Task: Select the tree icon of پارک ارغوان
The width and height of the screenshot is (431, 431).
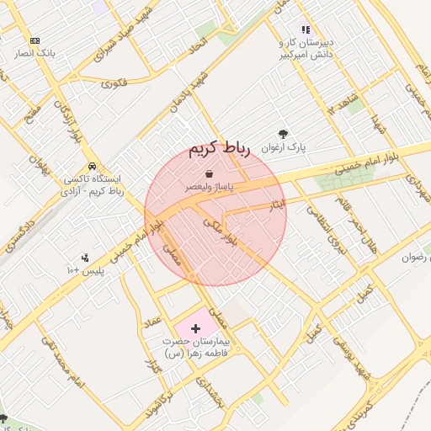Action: click(x=282, y=133)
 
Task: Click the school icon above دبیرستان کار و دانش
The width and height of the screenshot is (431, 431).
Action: click(x=306, y=29)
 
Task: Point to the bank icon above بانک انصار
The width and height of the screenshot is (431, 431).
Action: click(x=35, y=40)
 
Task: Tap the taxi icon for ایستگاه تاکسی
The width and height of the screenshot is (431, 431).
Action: click(x=91, y=165)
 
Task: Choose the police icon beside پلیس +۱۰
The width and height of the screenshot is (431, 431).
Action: click(x=85, y=258)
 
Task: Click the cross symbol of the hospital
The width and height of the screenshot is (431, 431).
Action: click(x=196, y=326)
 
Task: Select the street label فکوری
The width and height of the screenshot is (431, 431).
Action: click(x=114, y=83)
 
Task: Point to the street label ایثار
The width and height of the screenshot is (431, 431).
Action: click(x=277, y=204)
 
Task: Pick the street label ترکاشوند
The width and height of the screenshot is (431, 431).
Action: click(x=166, y=405)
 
